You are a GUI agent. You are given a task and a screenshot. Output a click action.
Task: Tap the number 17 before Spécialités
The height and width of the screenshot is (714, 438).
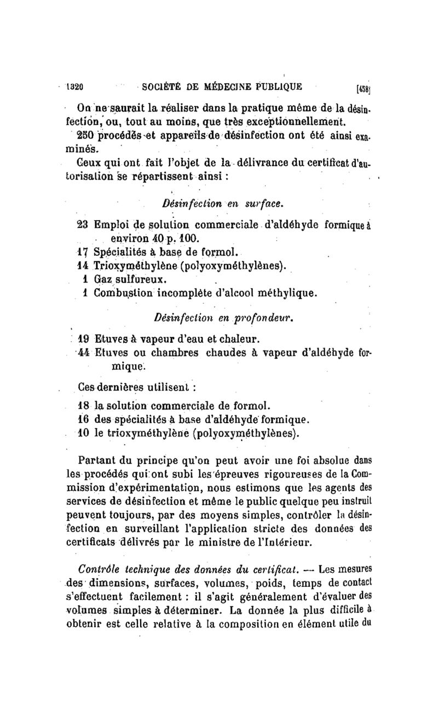(x=83, y=253)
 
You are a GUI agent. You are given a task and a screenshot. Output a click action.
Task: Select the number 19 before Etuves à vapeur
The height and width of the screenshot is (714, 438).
(x=84, y=337)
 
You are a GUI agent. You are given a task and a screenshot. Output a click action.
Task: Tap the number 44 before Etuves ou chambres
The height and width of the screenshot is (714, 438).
(x=84, y=351)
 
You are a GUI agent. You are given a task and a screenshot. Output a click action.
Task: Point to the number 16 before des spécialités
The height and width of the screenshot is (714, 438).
(x=84, y=420)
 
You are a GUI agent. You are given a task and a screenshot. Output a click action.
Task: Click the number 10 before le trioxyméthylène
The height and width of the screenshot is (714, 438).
(x=84, y=434)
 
